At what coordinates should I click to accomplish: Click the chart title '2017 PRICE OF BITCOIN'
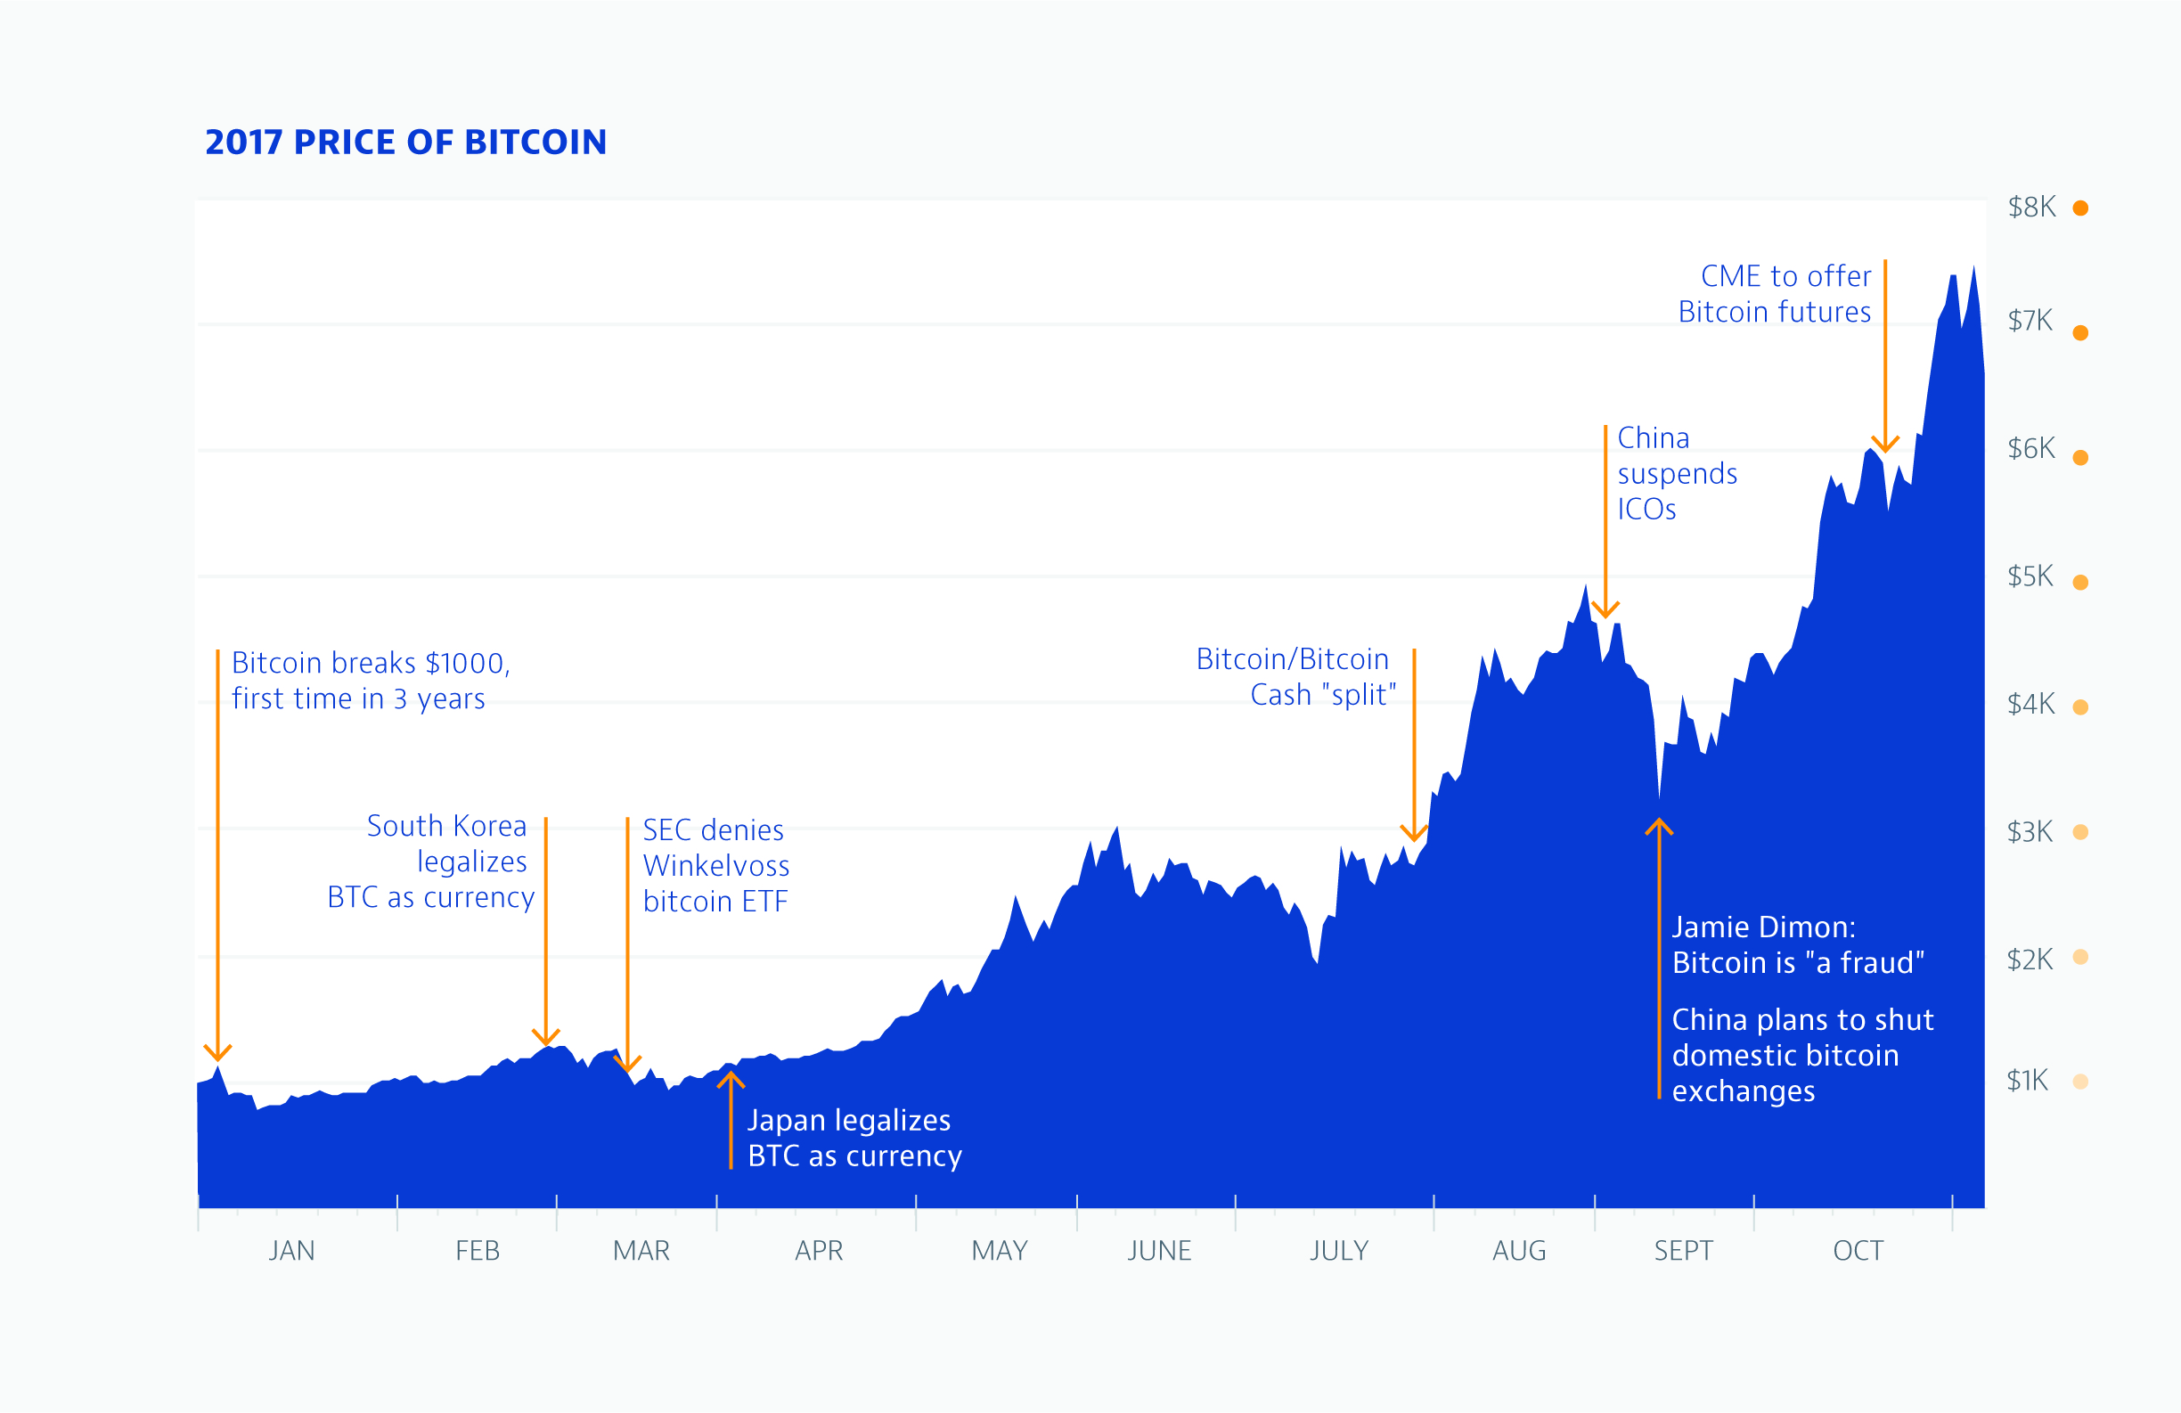tap(405, 142)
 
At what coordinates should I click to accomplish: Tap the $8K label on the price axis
tap(2031, 207)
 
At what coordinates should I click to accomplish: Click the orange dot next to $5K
tap(2080, 582)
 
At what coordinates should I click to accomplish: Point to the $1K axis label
tap(2026, 1081)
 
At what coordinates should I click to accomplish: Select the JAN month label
tap(291, 1251)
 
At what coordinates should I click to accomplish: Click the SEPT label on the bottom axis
tap(1682, 1251)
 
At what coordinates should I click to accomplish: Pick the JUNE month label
tap(1159, 1251)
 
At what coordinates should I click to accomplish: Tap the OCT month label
tap(1858, 1251)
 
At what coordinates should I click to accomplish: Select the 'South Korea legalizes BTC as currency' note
tap(430, 862)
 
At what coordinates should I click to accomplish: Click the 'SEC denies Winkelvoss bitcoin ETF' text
tap(715, 866)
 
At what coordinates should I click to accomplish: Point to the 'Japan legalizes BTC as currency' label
tap(854, 1138)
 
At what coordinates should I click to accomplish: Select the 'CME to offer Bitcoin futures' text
tap(1774, 293)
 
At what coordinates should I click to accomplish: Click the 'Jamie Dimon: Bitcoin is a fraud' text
tap(1797, 944)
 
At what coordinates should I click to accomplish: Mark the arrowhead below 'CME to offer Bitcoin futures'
tap(1884, 446)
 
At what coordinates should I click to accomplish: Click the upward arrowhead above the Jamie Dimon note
tap(1659, 826)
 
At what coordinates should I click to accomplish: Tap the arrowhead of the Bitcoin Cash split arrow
tap(1414, 834)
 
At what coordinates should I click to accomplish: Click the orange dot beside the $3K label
tap(2080, 832)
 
